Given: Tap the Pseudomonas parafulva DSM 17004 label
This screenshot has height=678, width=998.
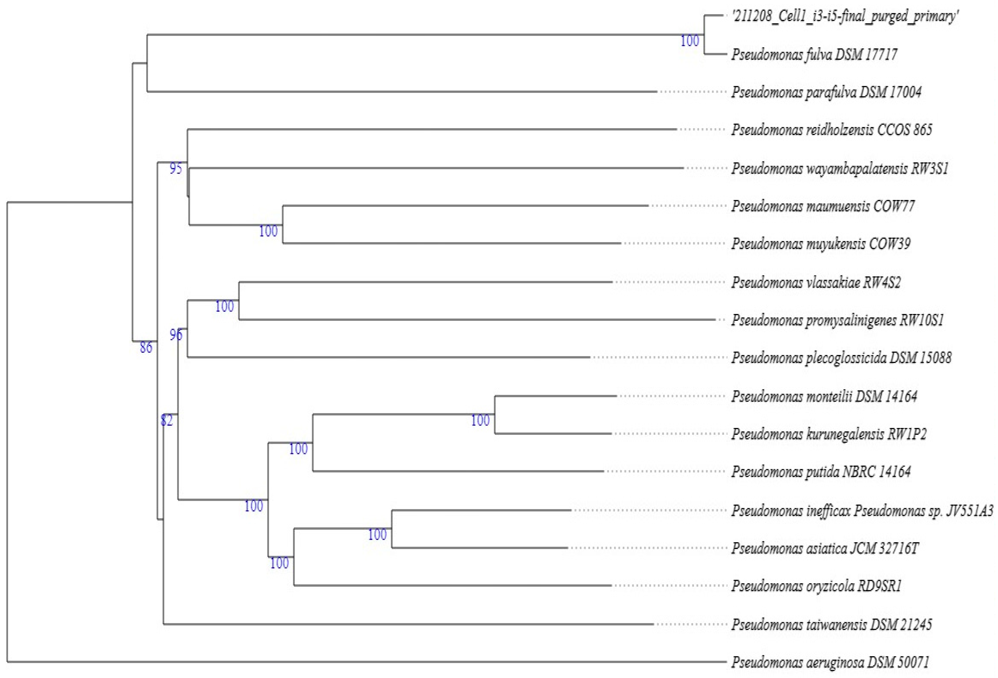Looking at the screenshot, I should point(826,92).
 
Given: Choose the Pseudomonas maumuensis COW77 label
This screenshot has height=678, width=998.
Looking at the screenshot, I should point(823,206).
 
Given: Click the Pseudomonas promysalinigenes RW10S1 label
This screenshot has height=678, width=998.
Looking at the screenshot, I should point(837,320).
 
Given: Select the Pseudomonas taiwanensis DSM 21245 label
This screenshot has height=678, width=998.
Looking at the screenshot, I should point(831,624).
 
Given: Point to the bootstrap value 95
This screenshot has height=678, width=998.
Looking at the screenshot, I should point(176,168).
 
